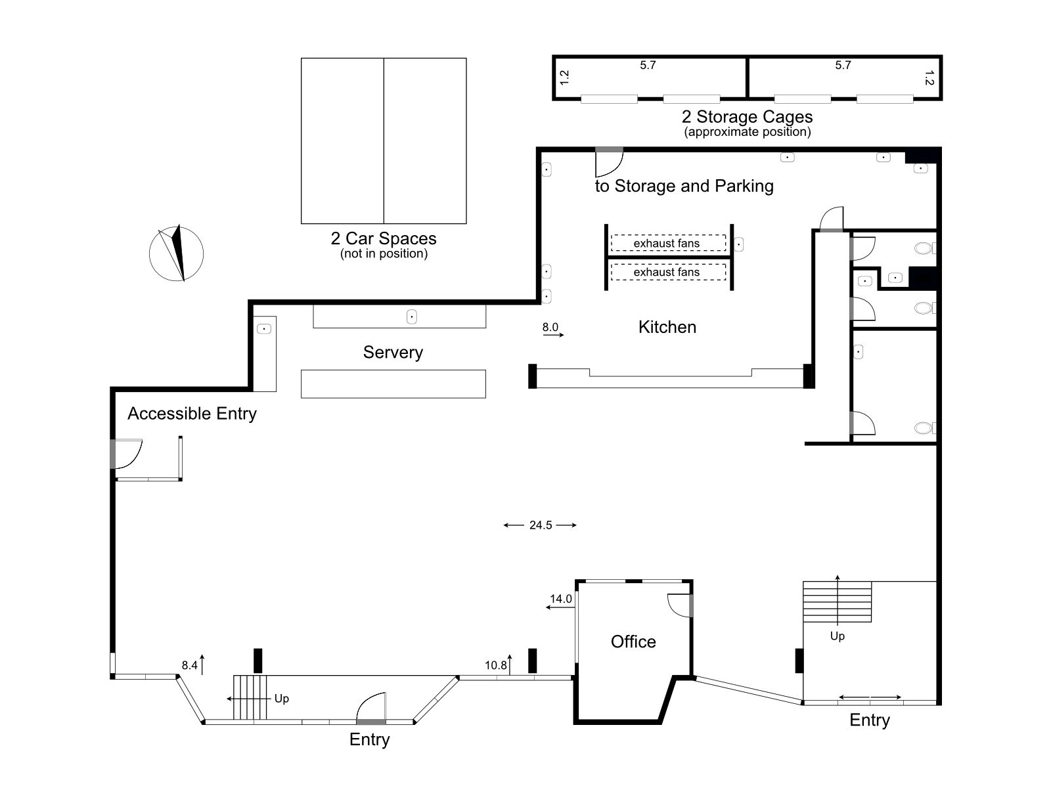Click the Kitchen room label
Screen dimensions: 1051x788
[667, 327]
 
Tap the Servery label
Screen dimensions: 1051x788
[393, 353]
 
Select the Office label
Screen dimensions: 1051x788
[633, 642]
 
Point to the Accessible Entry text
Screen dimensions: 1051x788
[192, 414]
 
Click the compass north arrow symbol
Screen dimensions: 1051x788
[176, 253]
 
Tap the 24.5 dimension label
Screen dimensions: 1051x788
[541, 525]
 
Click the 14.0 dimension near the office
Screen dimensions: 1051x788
[561, 598]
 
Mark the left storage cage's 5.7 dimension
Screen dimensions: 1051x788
[648, 65]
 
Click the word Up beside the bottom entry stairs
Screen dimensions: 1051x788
[282, 699]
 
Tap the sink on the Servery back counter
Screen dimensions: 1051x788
[412, 317]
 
